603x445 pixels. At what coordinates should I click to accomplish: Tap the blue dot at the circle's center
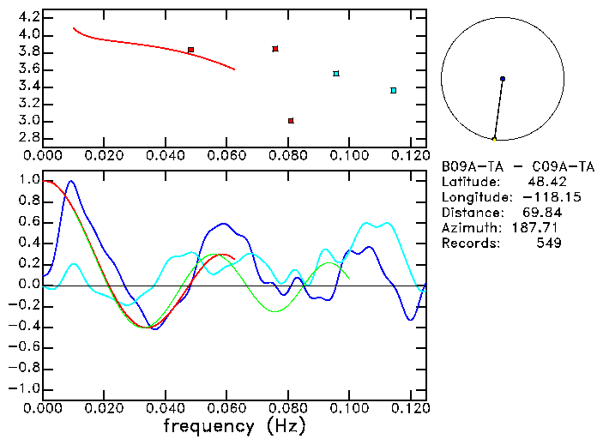click(503, 79)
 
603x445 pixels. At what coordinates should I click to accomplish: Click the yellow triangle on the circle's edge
click(494, 139)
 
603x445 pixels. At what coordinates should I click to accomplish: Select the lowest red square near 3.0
click(291, 121)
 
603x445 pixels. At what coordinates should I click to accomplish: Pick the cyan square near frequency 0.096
click(336, 74)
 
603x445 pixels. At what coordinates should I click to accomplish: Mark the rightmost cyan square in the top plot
click(394, 90)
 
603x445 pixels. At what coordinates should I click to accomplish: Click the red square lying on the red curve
click(190, 51)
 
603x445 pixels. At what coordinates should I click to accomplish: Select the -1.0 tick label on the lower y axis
click(26, 388)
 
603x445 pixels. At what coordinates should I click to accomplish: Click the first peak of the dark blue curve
click(71, 181)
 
